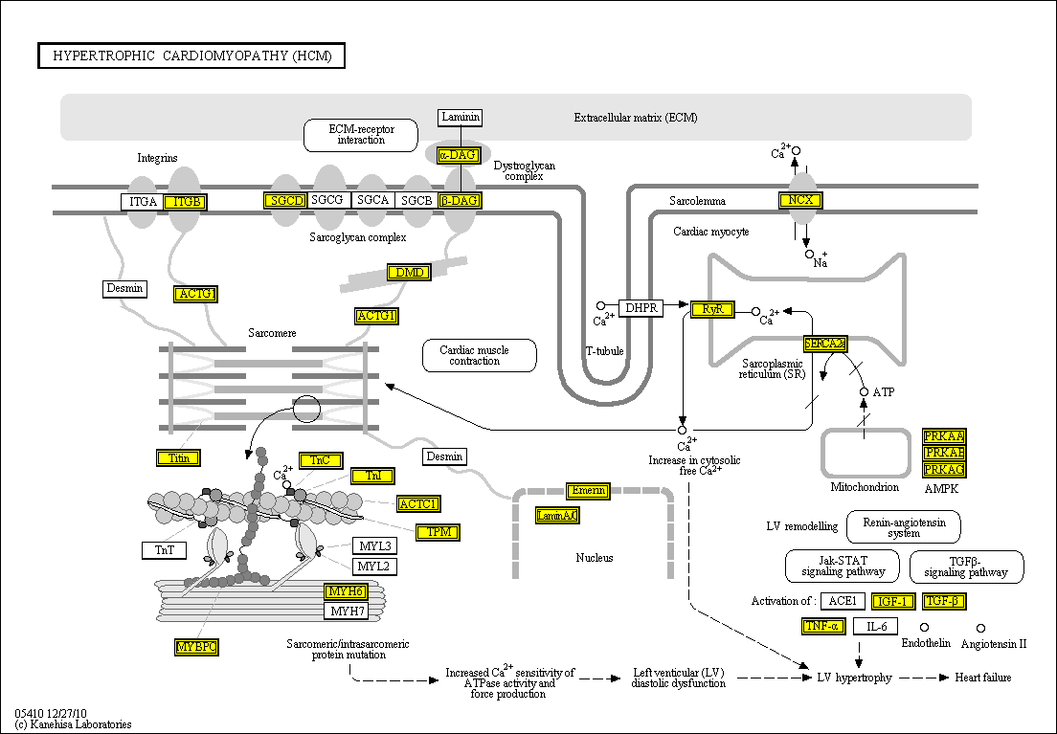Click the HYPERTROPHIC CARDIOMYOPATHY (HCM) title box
(x=191, y=56)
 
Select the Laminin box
(x=461, y=118)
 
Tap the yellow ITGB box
(x=185, y=201)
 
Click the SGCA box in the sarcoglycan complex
(x=372, y=200)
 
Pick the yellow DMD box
(x=409, y=273)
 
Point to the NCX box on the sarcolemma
(x=800, y=200)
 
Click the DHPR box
(x=641, y=308)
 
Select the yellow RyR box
(x=712, y=309)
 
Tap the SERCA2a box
(x=824, y=344)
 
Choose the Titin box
(x=179, y=457)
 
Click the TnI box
(x=372, y=476)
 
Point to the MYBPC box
(x=196, y=647)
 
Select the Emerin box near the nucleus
(x=587, y=491)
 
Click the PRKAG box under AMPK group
(x=943, y=469)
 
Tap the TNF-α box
(x=822, y=627)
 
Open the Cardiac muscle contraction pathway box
(x=479, y=356)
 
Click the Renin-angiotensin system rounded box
(x=904, y=526)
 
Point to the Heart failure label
(x=982, y=678)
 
